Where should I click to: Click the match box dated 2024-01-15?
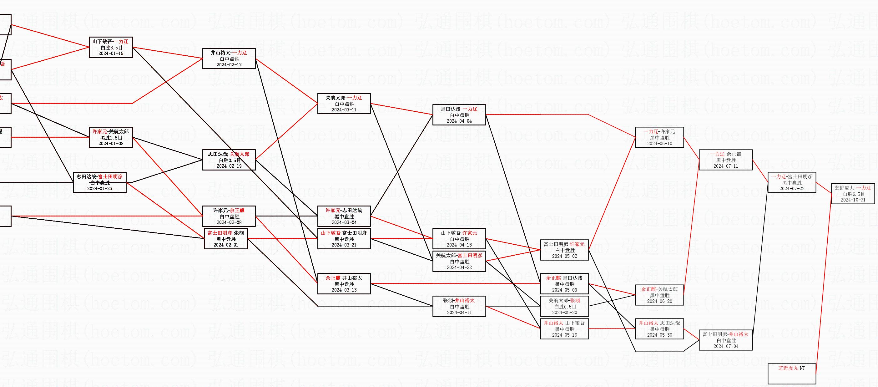pos(110,47)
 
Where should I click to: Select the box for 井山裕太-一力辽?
pos(229,59)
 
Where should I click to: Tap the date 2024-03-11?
pos(344,110)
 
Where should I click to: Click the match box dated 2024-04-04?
pos(459,115)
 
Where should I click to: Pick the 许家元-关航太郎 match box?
pos(110,137)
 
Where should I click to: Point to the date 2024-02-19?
pos(229,166)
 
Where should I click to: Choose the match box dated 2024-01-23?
pos(99,182)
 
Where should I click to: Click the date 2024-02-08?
pos(229,222)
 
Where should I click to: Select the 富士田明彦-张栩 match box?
pos(226,239)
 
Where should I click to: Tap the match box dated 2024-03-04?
pos(344,216)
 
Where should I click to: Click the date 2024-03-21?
pos(344,245)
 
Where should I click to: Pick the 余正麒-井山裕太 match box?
pos(344,284)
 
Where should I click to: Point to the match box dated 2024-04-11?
pos(459,306)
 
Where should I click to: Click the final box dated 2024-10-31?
pos(853,194)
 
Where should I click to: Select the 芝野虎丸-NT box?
pos(791,374)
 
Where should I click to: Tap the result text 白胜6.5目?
pos(853,194)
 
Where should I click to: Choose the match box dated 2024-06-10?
pos(659,137)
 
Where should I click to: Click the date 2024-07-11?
pos(726,166)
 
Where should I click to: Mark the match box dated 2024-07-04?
pos(726,340)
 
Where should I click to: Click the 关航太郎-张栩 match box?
pos(564,306)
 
